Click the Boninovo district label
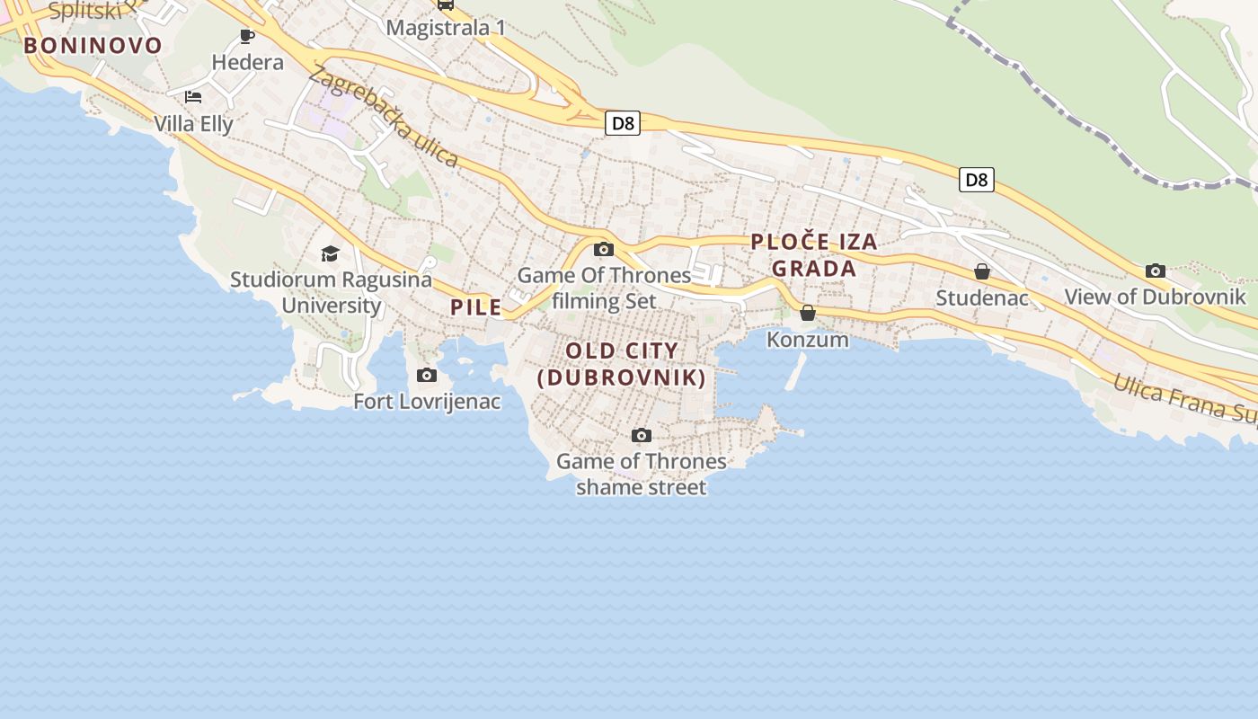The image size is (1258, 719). (93, 46)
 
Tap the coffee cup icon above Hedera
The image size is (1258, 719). (247, 36)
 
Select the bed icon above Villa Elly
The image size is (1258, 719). (193, 97)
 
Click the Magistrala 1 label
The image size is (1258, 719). (446, 28)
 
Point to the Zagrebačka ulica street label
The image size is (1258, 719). (383, 117)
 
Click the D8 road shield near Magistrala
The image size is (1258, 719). (622, 123)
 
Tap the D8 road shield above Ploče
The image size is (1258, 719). (976, 180)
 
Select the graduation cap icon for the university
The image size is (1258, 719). (330, 253)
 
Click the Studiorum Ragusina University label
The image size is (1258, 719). (331, 292)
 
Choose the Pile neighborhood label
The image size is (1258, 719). (476, 307)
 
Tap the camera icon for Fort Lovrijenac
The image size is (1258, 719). (427, 375)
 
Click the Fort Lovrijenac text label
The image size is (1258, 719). (427, 402)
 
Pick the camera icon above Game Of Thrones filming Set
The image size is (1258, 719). (604, 249)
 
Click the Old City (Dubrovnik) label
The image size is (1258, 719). (622, 364)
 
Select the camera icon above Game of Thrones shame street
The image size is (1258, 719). (641, 435)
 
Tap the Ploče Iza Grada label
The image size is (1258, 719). (814, 254)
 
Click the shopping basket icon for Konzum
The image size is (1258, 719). (808, 313)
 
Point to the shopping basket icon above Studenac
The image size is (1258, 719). (982, 271)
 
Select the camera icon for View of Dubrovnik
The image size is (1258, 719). (1156, 271)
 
